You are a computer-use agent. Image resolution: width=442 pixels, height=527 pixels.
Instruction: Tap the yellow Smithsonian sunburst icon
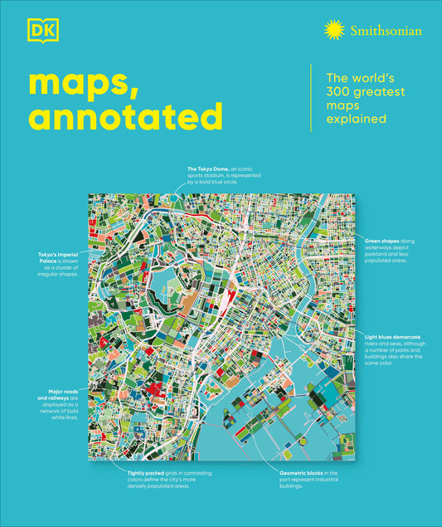tap(334, 31)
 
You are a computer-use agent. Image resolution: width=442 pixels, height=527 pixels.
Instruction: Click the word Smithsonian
tap(385, 31)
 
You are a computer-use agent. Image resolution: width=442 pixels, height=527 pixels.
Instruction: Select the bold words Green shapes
tap(381, 240)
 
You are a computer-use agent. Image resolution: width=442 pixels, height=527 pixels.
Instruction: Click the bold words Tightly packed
tap(126, 471)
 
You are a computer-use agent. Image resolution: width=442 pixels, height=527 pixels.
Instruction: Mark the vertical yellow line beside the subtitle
tap(311, 98)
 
